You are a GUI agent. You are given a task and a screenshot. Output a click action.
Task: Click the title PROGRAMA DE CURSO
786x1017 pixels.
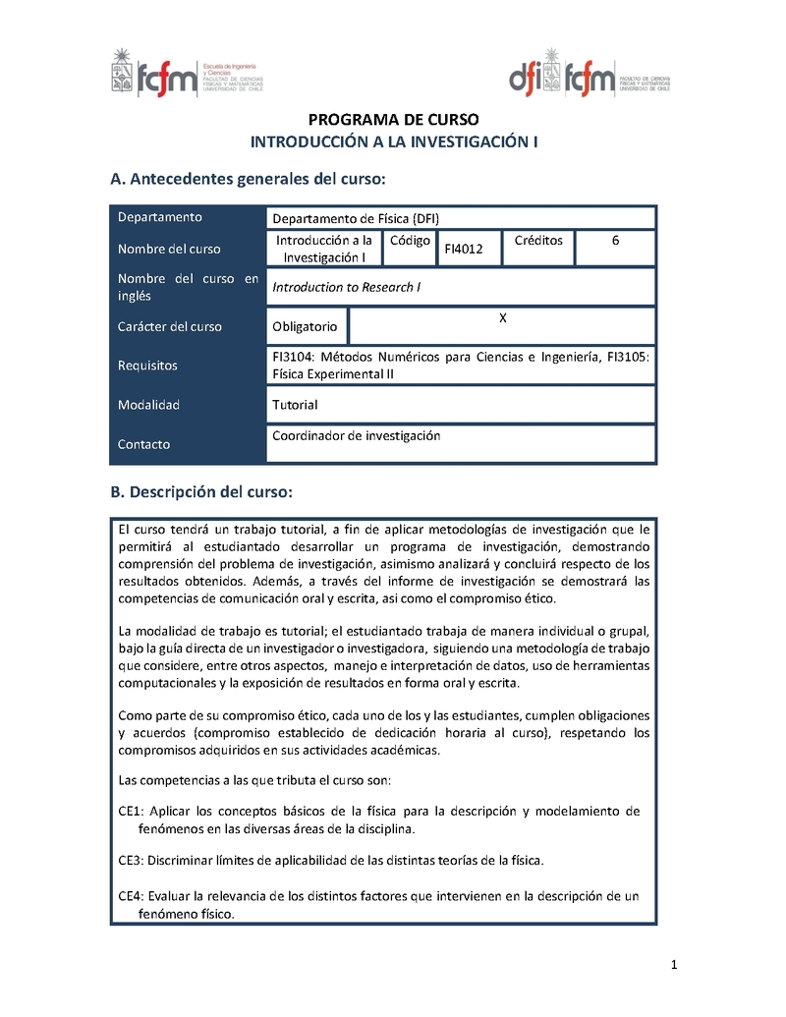394,120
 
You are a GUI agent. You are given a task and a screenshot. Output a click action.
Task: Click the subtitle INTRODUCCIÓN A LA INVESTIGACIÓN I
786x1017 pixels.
394,141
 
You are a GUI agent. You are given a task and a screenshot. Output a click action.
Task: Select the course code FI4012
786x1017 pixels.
464,250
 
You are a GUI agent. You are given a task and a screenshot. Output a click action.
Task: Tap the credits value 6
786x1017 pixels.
615,240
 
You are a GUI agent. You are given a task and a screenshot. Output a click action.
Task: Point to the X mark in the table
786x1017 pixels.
503,317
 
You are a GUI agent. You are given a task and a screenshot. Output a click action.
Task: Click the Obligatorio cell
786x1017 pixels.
305,326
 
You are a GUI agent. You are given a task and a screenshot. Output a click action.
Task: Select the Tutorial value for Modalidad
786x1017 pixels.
295,405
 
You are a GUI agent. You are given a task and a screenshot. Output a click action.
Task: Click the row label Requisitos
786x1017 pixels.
147,366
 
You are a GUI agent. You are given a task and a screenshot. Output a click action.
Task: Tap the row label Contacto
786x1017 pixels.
143,444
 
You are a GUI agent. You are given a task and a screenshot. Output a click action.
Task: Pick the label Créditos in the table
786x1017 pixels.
538,240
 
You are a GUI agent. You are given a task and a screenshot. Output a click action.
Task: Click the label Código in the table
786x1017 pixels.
410,240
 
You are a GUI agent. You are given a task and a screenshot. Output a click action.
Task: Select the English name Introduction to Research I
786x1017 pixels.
346,287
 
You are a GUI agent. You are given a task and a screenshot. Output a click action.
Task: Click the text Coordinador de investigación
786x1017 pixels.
356,435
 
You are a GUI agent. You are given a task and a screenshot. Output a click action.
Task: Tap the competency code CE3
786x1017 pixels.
131,860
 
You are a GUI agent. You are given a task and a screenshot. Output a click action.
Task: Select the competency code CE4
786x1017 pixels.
131,896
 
